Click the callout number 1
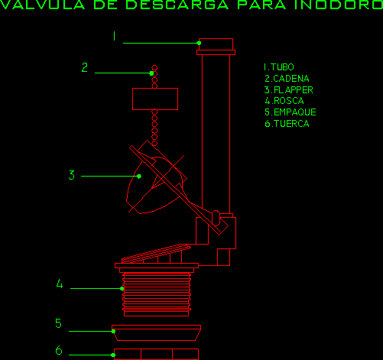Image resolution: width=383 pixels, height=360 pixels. pyautogui.click(x=115, y=36)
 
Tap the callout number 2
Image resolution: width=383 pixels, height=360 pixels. pyautogui.click(x=85, y=67)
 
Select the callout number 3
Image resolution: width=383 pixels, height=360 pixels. pyautogui.click(x=72, y=175)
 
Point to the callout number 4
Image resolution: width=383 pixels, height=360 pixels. pyautogui.click(x=60, y=284)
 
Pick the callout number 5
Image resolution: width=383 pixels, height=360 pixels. pyautogui.click(x=58, y=323)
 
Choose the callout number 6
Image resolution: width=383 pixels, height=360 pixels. pyautogui.click(x=59, y=350)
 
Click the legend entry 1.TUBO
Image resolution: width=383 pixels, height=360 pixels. pyautogui.click(x=279, y=67)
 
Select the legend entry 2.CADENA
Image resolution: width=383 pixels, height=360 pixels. pyautogui.click(x=287, y=79)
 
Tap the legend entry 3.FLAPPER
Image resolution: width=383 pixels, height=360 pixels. pyautogui.click(x=289, y=90)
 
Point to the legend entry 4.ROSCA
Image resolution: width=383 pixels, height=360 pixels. pyautogui.click(x=284, y=101)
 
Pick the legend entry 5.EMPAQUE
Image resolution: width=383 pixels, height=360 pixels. pyautogui.click(x=290, y=112)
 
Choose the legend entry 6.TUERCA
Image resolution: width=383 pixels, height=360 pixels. pyautogui.click(x=287, y=124)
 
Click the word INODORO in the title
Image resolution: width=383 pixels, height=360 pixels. pyautogui.click(x=339, y=5)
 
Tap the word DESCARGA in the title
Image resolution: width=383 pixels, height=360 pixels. pyautogui.click(x=177, y=5)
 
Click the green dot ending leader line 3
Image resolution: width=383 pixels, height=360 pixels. pyautogui.click(x=139, y=177)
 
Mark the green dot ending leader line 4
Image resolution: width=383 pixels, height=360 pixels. pyautogui.click(x=122, y=289)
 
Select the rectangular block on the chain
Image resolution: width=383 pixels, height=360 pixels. pyautogui.click(x=155, y=99)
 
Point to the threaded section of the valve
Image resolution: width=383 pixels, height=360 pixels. pyautogui.click(x=157, y=294)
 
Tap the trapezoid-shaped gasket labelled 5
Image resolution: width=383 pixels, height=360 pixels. pyautogui.click(x=157, y=332)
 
